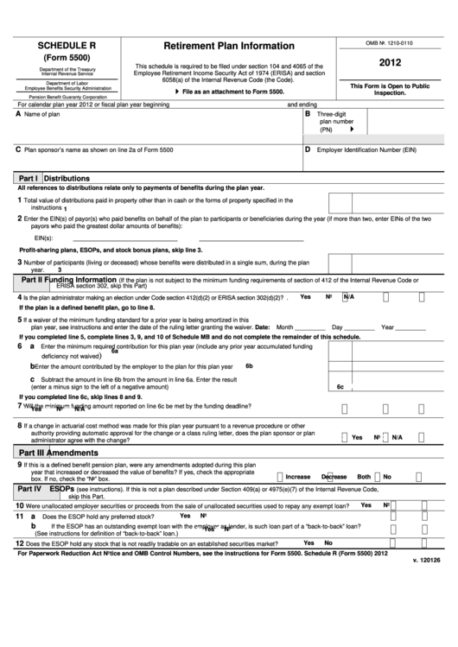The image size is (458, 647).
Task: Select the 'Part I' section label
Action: click(26, 178)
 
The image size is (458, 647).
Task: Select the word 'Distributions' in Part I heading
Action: click(67, 178)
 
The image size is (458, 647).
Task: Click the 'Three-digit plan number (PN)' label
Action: click(333, 122)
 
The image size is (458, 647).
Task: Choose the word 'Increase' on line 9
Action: click(297, 476)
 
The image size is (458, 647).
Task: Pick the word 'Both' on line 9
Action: click(364, 476)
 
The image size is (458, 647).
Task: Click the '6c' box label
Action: click(340, 386)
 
